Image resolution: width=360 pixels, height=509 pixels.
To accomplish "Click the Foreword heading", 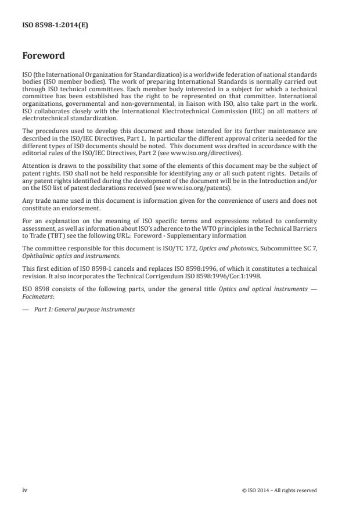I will tap(43, 56).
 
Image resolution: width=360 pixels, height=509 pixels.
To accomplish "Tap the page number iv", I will tap(25, 490).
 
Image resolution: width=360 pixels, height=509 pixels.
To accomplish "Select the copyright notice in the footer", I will tap(279, 490).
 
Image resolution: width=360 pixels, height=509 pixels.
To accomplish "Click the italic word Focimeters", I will tap(37, 296).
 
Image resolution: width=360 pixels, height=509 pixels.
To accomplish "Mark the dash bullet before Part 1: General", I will tap(26, 309).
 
